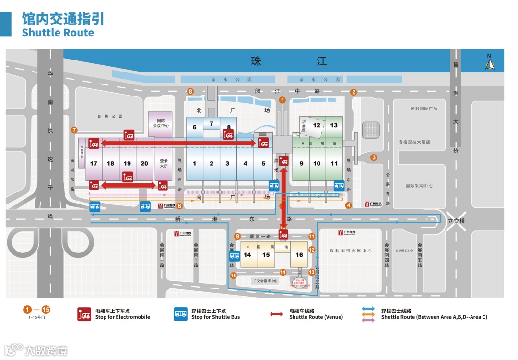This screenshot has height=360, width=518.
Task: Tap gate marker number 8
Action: [x=190, y=91]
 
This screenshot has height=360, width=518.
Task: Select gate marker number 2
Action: [x=353, y=92]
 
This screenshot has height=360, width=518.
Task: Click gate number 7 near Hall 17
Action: [x=74, y=130]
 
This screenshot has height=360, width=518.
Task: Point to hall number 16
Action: [x=299, y=255]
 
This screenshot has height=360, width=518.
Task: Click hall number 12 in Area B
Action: [x=317, y=125]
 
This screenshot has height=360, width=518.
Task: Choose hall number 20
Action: [x=144, y=163]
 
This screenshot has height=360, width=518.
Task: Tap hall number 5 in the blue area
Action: [x=263, y=163]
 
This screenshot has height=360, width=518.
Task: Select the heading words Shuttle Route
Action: [x=58, y=33]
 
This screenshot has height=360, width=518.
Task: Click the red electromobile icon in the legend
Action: [x=85, y=314]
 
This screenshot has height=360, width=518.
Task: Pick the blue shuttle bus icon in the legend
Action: [x=181, y=314]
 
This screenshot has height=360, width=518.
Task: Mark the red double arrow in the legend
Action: [x=276, y=314]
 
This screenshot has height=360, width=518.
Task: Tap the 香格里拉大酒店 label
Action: [x=414, y=142]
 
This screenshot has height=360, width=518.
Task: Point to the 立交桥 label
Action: [x=456, y=221]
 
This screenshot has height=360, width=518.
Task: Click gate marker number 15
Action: [x=234, y=276]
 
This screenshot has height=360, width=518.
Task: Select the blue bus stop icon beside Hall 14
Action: [x=234, y=256]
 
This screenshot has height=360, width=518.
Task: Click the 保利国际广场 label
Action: [x=424, y=108]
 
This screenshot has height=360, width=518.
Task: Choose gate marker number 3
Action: [x=374, y=157]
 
